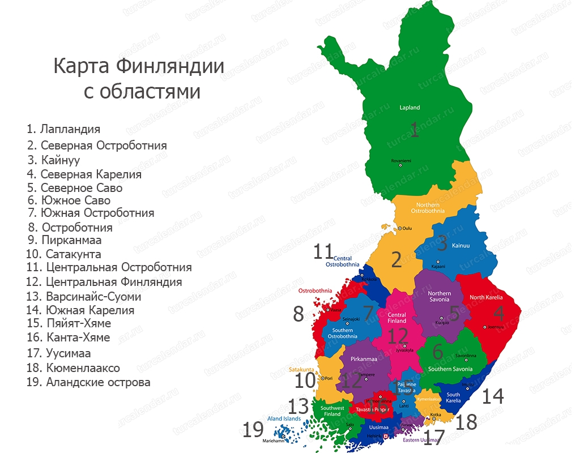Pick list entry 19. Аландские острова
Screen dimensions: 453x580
pos(88,382)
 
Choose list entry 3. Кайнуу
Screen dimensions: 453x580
pos(53,160)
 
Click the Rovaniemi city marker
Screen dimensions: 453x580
pos(400,165)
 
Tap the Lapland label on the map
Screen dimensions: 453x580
pos(410,108)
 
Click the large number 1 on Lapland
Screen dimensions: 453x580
pos(415,130)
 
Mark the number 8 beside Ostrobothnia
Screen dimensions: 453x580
pos(298,314)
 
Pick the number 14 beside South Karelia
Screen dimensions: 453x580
pos(492,396)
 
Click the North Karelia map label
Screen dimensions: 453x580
pos(485,297)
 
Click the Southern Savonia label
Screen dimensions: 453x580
pos(450,369)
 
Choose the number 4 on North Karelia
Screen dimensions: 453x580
pos(498,314)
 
